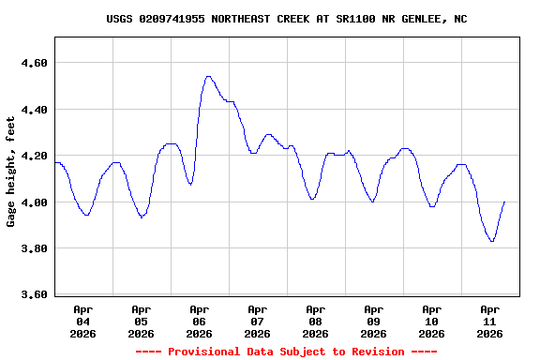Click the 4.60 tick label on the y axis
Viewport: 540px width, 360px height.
[x=35, y=63]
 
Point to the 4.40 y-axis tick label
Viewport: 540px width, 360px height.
[x=35, y=110]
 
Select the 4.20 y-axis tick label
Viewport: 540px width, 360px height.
[x=35, y=156]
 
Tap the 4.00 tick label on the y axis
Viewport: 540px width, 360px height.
[x=35, y=202]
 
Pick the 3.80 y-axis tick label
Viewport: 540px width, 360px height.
[x=35, y=248]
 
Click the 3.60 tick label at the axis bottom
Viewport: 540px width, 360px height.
[x=35, y=295]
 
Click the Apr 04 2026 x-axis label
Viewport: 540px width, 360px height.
[x=83, y=321]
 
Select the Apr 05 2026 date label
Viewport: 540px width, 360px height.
[x=142, y=321]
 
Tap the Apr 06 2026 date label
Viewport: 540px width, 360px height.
[x=200, y=321]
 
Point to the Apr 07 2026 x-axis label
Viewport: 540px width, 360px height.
[x=258, y=321]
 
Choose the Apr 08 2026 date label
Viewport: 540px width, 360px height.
[x=316, y=321]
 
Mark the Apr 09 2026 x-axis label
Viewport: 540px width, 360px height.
[x=374, y=321]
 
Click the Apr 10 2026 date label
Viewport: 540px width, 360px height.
[x=432, y=321]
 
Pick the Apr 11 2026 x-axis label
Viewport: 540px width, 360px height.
[x=490, y=321]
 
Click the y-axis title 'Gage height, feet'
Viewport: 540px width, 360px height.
[x=11, y=172]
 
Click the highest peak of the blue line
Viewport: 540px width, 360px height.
[x=208, y=77]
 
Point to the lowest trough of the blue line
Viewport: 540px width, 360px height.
[x=491, y=241]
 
